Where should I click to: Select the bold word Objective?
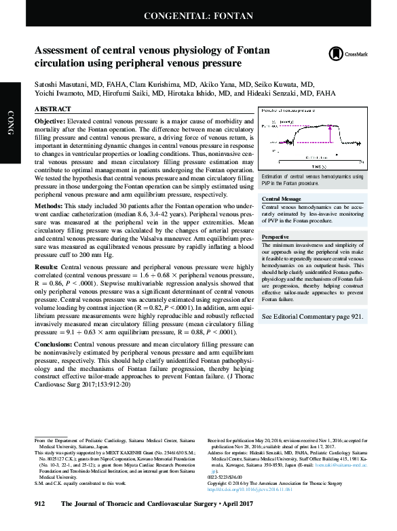[x=50, y=120]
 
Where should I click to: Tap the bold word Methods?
[x=48, y=205]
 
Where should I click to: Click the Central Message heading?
[x=282, y=199]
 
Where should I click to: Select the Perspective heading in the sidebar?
[x=276, y=237]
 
